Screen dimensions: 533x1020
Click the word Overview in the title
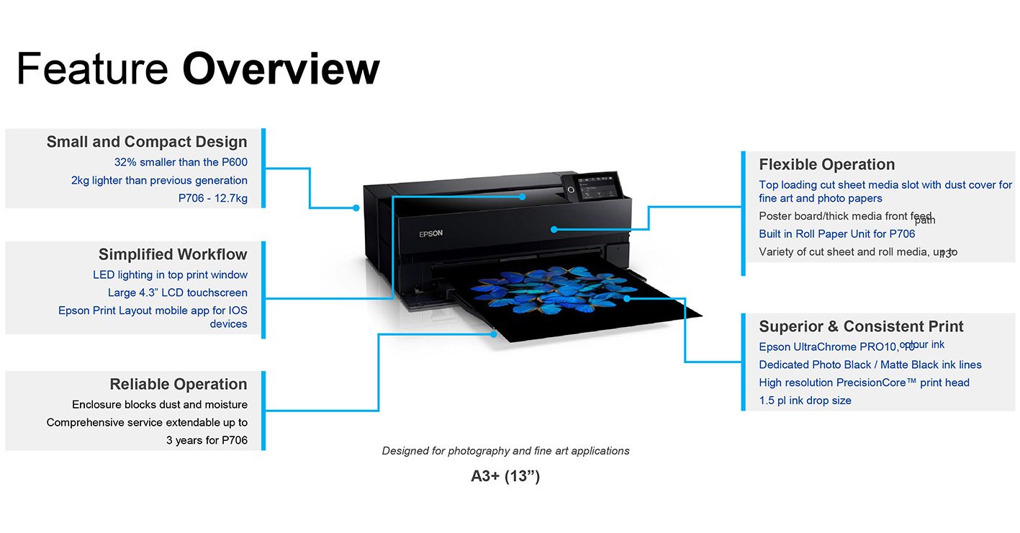(281, 69)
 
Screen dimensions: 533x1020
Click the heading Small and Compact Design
(147, 142)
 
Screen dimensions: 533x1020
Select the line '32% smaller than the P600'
(181, 162)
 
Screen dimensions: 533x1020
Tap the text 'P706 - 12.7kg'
(213, 198)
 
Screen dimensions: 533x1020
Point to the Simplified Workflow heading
(173, 254)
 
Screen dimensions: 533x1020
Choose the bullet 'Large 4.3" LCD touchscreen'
(178, 292)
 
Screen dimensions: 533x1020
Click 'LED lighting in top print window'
(170, 274)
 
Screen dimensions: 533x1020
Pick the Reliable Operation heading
(179, 384)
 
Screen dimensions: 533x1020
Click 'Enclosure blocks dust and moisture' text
(160, 405)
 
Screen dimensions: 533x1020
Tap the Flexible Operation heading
(827, 164)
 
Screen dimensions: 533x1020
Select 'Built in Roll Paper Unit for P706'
(837, 234)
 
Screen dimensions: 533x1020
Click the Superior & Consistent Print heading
(862, 326)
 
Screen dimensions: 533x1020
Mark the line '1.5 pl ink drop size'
(805, 400)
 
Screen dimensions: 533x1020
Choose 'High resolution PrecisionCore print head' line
(865, 382)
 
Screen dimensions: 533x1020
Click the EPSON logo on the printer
(430, 233)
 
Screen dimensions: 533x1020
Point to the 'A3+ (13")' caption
(505, 476)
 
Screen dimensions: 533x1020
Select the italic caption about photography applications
(505, 451)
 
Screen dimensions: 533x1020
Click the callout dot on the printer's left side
(356, 208)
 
